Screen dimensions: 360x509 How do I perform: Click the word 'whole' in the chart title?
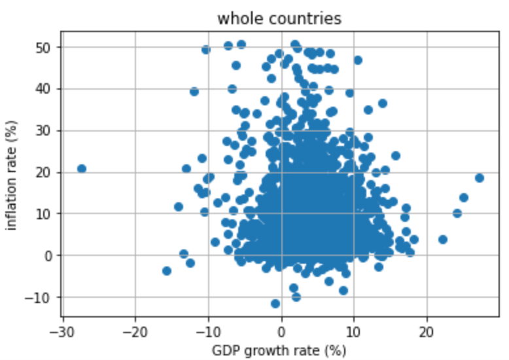pos(237,18)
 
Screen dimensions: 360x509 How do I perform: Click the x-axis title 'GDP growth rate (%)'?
pos(279,350)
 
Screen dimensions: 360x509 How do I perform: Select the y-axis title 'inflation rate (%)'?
pos(12,175)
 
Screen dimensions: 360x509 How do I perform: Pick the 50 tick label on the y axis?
pos(43,47)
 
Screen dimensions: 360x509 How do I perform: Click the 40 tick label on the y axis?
pos(43,89)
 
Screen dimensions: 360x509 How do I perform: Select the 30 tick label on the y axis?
pos(43,131)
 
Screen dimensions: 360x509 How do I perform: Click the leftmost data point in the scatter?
pos(82,169)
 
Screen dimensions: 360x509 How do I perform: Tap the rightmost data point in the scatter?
pos(479,178)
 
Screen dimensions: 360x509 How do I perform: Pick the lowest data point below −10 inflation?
pos(275,304)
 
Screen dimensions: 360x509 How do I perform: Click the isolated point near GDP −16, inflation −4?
pos(167,271)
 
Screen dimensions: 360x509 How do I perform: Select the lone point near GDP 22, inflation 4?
pos(443,240)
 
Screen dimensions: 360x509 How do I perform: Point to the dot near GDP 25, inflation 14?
pos(464,198)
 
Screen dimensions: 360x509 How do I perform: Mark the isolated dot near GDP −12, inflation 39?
pos(194,92)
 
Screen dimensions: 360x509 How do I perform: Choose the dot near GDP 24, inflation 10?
pos(457,213)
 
